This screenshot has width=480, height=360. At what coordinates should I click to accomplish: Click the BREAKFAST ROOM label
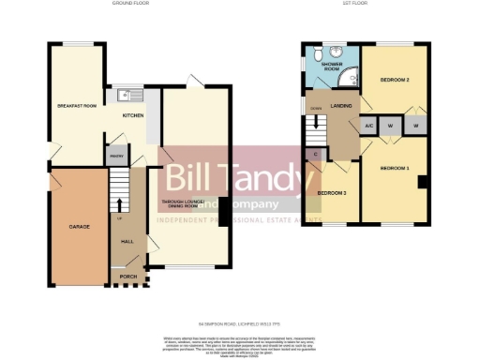77,106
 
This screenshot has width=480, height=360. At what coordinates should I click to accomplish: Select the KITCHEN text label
134,116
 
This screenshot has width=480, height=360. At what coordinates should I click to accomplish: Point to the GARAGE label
78,227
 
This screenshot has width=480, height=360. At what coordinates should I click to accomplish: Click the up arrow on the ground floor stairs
119,203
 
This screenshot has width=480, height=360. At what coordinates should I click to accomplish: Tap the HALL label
127,241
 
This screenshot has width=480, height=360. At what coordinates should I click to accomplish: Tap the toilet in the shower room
320,53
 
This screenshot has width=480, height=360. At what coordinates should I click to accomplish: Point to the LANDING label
341,106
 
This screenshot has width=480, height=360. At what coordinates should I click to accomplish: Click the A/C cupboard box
369,124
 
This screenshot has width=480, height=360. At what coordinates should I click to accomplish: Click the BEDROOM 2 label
395,81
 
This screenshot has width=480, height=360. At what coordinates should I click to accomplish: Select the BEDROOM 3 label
331,193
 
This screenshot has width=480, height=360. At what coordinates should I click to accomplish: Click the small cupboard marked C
314,154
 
